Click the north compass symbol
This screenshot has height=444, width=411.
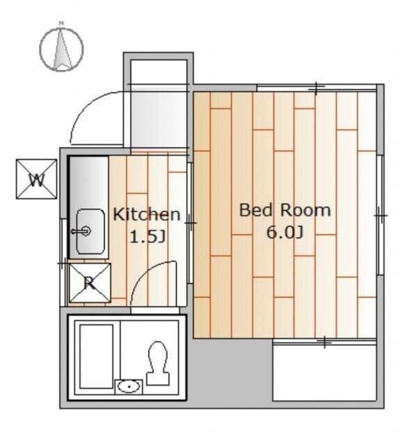click(61, 49)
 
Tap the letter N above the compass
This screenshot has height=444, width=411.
click(61, 23)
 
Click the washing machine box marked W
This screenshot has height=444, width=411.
click(37, 179)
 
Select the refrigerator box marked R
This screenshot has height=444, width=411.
click(90, 283)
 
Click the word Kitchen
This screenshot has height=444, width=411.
click(146, 214)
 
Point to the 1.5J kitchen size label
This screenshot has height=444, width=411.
click(147, 237)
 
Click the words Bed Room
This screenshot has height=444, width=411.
click(285, 210)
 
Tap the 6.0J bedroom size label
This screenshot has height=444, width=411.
click(285, 232)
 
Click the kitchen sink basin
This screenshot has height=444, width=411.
click(90, 231)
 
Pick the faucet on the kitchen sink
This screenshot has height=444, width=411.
click(81, 231)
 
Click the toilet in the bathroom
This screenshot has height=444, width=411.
click(158, 364)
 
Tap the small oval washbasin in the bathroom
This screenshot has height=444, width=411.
click(129, 386)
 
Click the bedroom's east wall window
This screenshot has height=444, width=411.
click(380, 215)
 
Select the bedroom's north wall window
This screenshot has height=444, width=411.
click(317, 88)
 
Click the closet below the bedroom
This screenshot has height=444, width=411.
click(324, 372)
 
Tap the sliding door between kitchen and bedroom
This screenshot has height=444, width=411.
click(190, 223)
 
